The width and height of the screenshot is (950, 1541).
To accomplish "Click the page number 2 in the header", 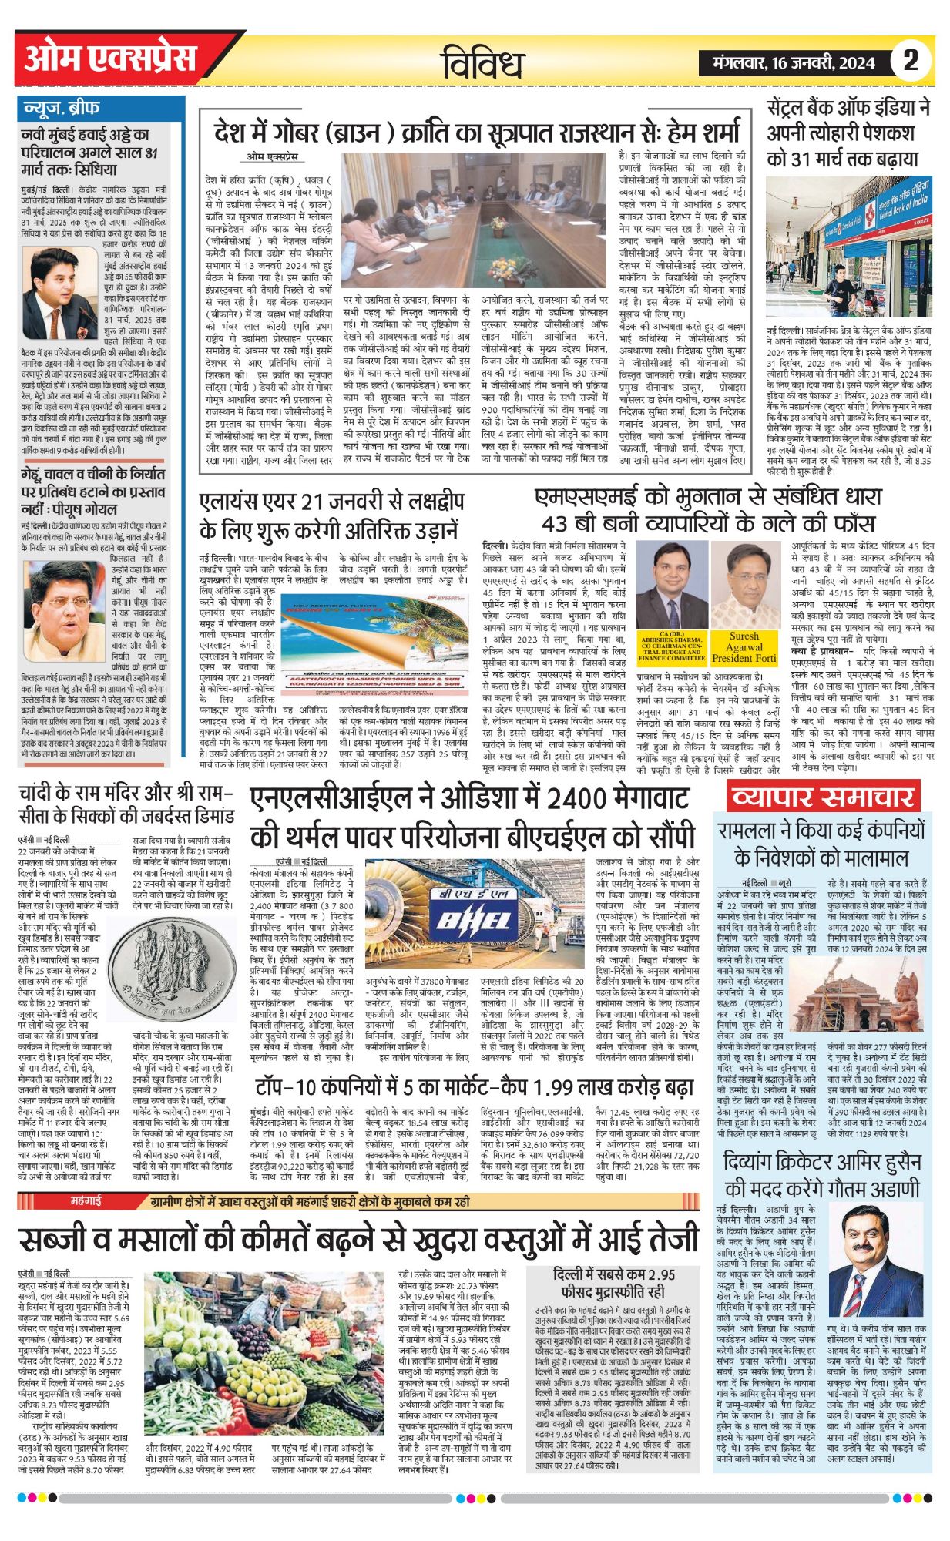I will point(911,60).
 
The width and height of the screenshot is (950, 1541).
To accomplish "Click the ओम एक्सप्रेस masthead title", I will point(110,59).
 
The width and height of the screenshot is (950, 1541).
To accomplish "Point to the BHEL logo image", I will point(472,918).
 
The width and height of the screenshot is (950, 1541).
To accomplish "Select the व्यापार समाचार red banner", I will point(822,797).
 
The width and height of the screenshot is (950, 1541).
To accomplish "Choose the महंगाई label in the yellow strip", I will point(86,1200).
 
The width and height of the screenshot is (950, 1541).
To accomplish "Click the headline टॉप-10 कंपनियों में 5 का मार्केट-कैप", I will point(475,1087).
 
